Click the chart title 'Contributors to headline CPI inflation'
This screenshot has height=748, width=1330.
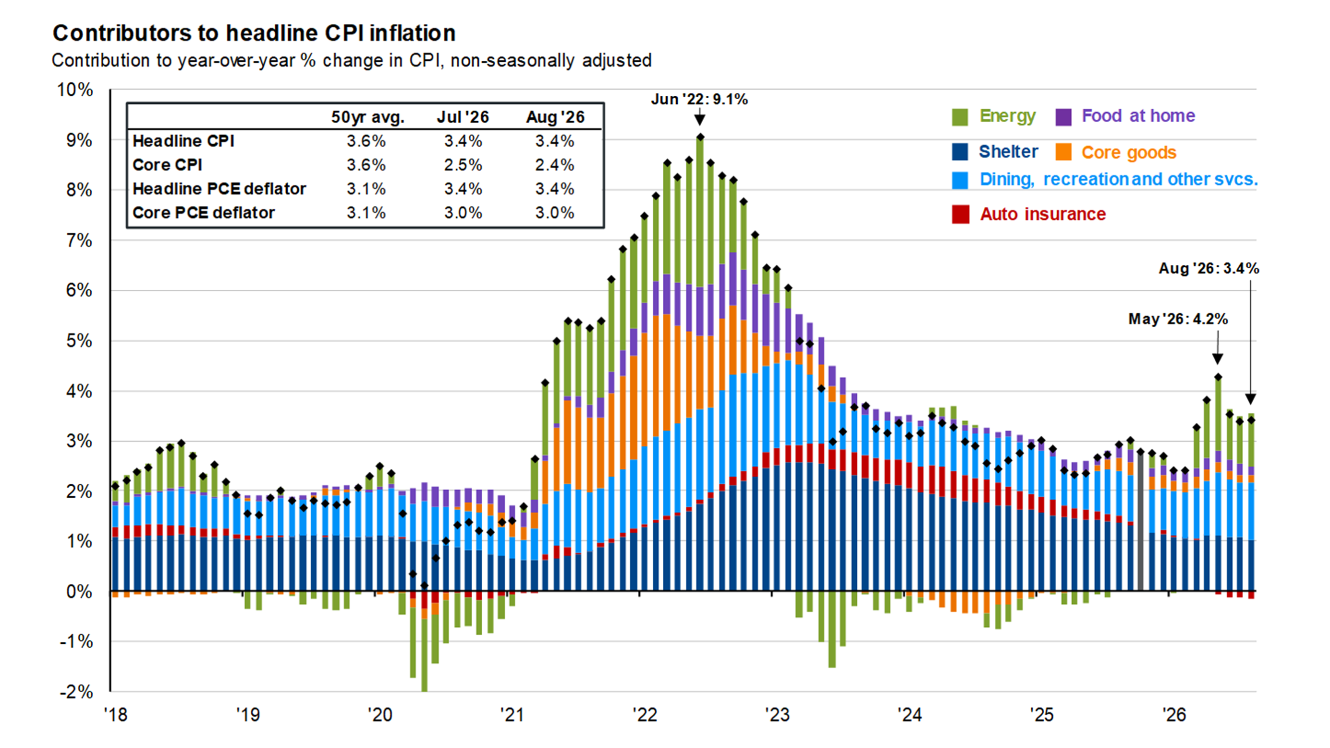click(x=254, y=33)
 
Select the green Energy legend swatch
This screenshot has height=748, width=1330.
click(x=960, y=117)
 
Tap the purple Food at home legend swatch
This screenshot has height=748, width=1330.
click(x=1063, y=117)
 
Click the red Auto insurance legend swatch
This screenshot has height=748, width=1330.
click(x=960, y=214)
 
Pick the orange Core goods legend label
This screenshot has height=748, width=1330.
click(x=1129, y=153)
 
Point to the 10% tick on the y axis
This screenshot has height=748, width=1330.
click(x=75, y=90)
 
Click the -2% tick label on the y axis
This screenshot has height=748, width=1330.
click(x=76, y=692)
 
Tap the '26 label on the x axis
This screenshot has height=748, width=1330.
click(x=1174, y=716)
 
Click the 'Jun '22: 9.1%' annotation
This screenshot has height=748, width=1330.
click(x=699, y=99)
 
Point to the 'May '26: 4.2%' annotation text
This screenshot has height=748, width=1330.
click(x=1178, y=319)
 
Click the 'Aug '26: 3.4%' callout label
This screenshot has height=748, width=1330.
click(x=1209, y=268)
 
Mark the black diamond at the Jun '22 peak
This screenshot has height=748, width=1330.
click(x=700, y=137)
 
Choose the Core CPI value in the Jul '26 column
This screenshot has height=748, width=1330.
click(x=463, y=165)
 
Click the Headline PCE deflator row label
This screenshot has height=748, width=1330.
click(x=219, y=189)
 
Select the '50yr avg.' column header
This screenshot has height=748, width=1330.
click(x=367, y=117)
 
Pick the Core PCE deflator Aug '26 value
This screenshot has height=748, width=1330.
click(x=555, y=213)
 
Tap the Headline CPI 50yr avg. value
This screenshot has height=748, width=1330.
click(x=366, y=141)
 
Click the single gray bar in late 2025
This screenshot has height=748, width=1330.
click(x=1140, y=522)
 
